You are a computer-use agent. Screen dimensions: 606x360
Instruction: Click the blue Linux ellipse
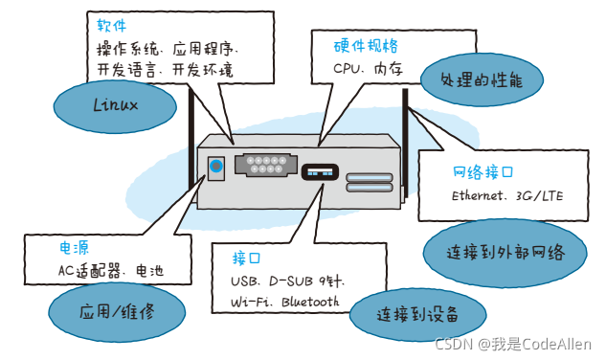[x=115, y=106]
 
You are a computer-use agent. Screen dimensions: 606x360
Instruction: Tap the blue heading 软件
[x=112, y=26]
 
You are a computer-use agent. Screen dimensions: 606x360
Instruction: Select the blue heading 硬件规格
[x=366, y=46]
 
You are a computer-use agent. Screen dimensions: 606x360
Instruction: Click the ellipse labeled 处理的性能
[x=482, y=79]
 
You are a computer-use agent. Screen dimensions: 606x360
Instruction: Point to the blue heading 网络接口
[x=483, y=171]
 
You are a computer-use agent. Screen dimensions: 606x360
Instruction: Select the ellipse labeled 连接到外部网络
[x=505, y=254]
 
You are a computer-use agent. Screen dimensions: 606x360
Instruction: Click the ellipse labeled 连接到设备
[x=417, y=314]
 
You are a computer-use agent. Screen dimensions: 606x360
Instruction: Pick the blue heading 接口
[x=246, y=258]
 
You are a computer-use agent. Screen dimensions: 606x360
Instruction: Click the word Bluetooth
[x=310, y=302]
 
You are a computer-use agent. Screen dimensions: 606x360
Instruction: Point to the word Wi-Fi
[x=251, y=302]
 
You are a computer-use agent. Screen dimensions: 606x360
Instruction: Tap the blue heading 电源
[x=74, y=248]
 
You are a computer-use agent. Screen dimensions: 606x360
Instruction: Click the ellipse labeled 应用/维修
[x=117, y=312]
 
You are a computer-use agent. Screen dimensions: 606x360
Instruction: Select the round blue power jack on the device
[x=216, y=167]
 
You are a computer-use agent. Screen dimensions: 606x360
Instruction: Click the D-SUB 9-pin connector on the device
[x=266, y=165]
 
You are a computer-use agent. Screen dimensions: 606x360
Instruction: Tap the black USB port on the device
[x=320, y=172]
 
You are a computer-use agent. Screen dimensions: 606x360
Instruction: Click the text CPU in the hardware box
[x=347, y=69]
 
